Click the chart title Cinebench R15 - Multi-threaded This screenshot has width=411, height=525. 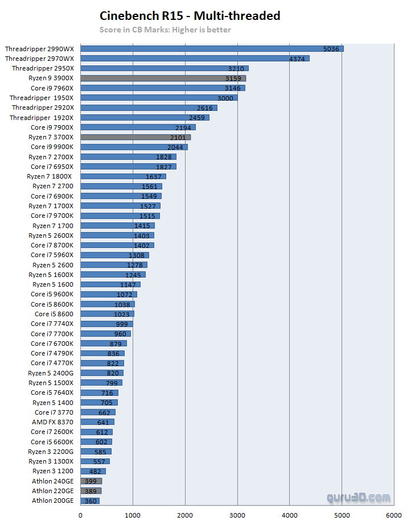(190, 16)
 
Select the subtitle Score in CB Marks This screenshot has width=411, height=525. (165, 30)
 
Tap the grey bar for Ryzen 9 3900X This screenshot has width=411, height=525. (163, 78)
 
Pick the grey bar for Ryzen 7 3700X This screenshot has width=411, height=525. (135, 137)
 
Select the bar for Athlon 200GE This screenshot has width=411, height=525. (90, 501)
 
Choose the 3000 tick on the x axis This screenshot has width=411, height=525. (237, 515)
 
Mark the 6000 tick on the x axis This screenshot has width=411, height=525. (393, 515)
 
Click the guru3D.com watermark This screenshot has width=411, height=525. (359, 498)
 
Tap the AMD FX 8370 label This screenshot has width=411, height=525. (52, 422)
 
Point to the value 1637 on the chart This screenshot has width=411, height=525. (153, 177)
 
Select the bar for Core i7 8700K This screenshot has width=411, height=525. (117, 245)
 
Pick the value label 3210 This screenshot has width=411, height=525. (237, 69)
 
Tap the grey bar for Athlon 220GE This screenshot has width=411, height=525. (91, 491)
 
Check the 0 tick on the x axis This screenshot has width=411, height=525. (80, 515)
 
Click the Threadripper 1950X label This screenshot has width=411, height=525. (42, 98)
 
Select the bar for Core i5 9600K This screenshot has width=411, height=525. (109, 295)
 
